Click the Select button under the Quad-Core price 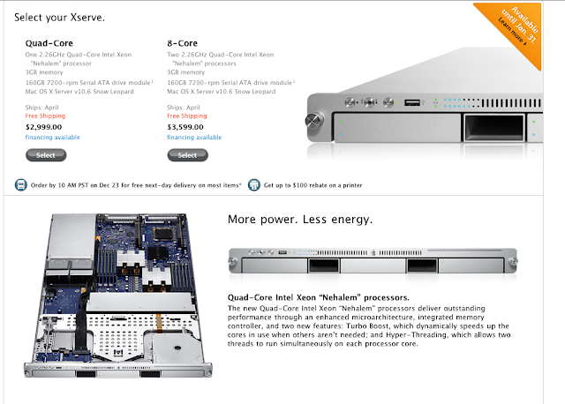45,155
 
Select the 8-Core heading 182,41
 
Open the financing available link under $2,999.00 54,138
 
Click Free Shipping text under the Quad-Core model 47,116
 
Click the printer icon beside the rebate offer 253,184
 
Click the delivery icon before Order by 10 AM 21,184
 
